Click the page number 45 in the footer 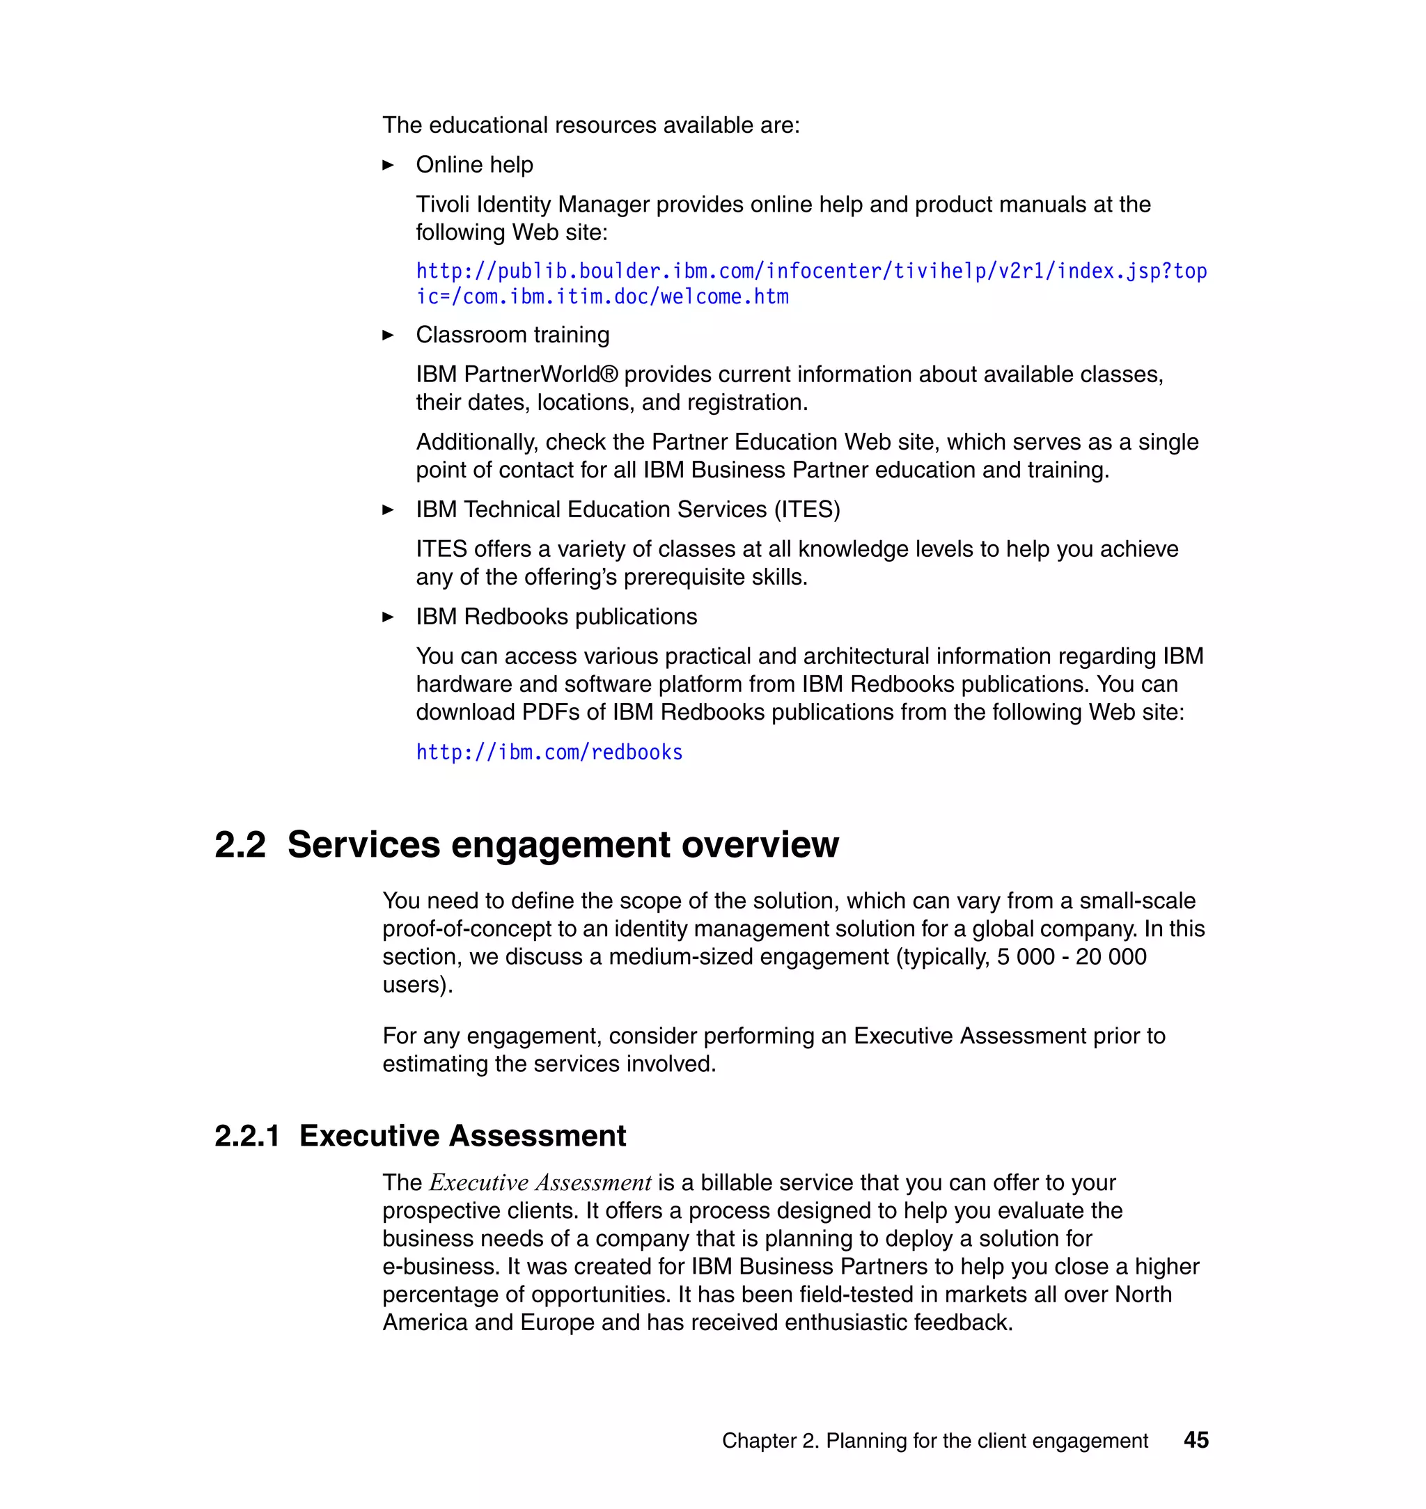point(1196,1439)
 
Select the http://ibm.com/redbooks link point(549,752)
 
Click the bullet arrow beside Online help point(388,165)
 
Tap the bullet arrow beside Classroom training point(388,335)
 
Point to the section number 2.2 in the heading point(240,845)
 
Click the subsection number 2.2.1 point(247,1135)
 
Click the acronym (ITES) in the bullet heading point(807,509)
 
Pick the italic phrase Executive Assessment point(540,1183)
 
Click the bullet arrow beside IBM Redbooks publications point(388,617)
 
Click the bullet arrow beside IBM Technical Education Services point(388,509)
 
